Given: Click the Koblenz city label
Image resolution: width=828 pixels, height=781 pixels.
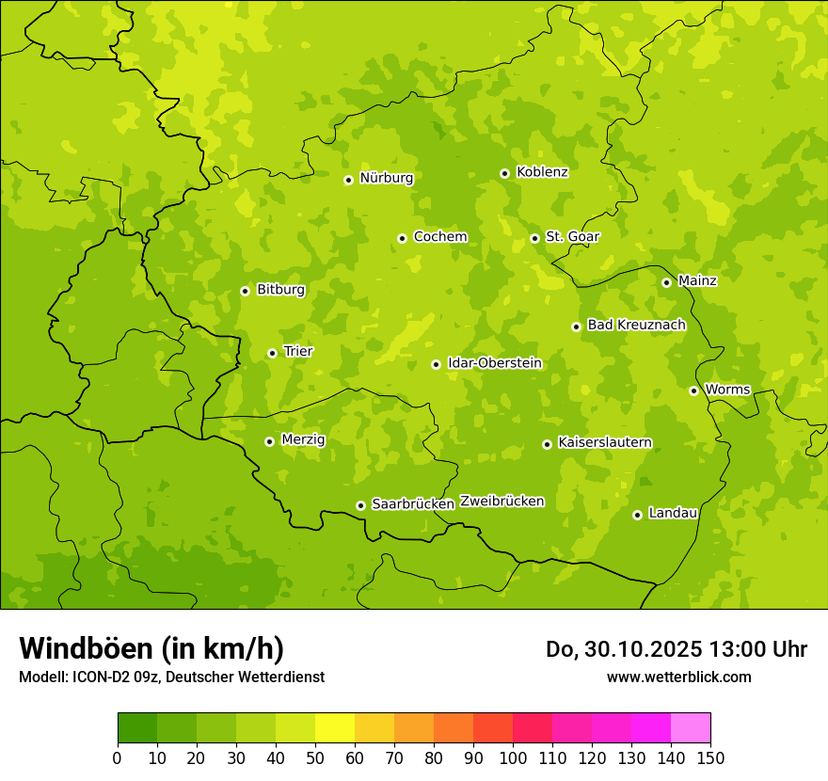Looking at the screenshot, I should pos(542,172).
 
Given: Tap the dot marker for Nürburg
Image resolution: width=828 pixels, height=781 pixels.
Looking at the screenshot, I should pos(348,180).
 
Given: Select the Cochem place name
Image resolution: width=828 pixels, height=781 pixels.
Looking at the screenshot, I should pos(439,237).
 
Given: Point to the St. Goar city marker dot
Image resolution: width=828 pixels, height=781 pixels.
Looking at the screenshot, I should pos(534,238).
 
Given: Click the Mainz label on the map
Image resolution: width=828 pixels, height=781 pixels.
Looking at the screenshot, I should pos(697,280).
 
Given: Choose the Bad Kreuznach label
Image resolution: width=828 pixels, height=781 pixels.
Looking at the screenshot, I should pos(636,325).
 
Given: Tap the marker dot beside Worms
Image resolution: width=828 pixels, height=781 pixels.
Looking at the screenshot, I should pos(693,390).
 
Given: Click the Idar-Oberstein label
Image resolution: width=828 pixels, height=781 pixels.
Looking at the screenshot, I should pos(494,362).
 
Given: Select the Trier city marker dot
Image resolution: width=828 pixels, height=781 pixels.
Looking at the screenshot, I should pos(272,353).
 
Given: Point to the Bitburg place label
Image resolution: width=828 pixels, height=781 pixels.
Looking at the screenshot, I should pos(280,290).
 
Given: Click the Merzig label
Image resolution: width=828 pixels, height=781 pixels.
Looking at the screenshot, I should pos(303,439).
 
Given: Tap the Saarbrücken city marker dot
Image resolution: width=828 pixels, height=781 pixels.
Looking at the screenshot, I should pos(360,505).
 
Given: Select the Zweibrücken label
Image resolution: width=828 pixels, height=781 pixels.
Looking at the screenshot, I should pos(502,502).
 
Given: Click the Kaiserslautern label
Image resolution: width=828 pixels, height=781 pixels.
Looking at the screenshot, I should pos(605,442).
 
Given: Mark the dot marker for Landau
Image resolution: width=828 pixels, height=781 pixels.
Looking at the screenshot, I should pos(637,515).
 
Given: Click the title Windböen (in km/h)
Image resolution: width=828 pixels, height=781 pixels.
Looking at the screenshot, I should pos(151,648).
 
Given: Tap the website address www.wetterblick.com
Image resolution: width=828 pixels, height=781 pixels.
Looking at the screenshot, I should pos(678,677).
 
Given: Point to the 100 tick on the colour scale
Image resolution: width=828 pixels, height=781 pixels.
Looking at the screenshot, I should pos(513,757).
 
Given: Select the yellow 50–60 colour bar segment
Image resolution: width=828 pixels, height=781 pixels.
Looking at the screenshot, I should pos(335,728).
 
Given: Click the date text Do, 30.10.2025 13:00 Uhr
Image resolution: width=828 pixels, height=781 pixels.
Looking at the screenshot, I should pos(677,649).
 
